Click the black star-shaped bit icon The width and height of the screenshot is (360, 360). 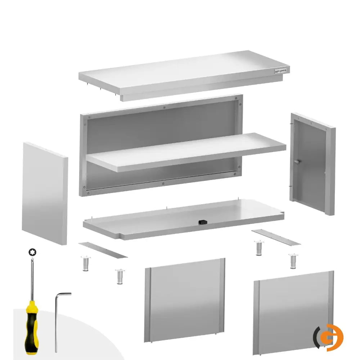coord(32,252)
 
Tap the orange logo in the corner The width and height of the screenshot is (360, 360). coord(328,337)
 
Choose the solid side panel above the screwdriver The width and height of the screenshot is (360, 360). coord(45,194)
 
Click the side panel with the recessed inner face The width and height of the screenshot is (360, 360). coord(311,164)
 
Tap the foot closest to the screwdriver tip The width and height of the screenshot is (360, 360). coord(85,264)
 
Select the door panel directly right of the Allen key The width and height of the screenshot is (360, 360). coord(184,301)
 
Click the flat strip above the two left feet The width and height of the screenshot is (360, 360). coord(103,250)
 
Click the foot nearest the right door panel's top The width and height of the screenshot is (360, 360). coord(293,261)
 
